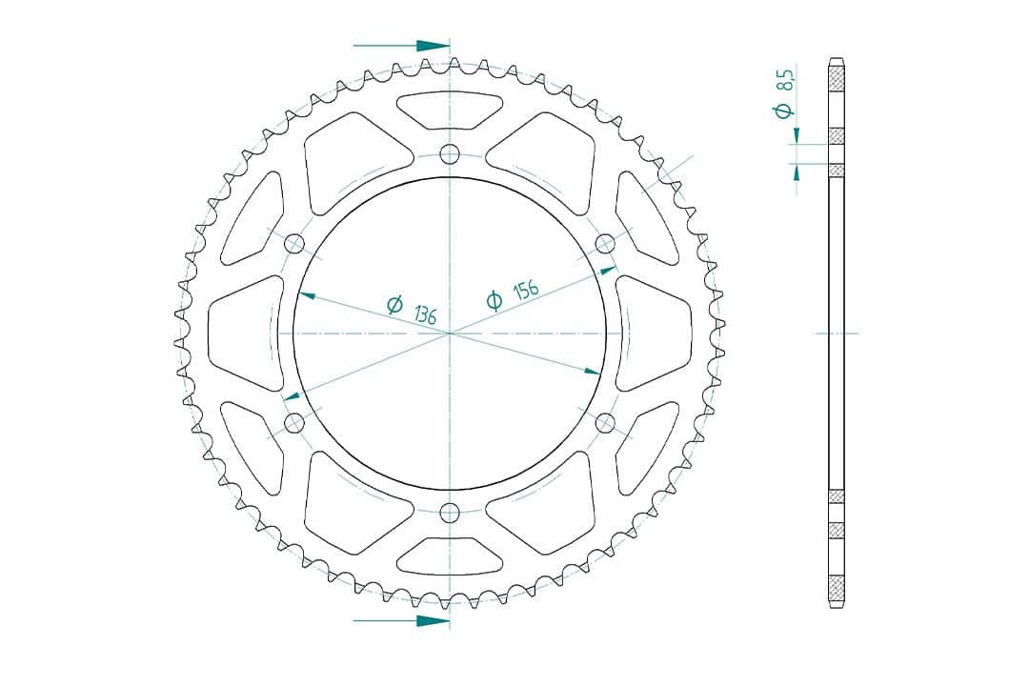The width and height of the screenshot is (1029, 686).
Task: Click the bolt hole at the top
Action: point(450,154)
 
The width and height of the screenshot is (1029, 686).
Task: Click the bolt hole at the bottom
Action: point(450,512)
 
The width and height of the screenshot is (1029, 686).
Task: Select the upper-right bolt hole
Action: point(604,244)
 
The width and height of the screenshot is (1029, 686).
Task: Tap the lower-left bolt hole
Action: point(294,423)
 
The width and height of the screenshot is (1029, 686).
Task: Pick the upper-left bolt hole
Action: point(294,244)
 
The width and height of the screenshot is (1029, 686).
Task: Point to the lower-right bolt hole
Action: point(604,423)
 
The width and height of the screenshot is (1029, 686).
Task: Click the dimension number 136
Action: point(425,315)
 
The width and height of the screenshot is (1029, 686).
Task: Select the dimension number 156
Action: point(526,289)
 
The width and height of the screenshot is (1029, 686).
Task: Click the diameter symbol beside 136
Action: point(394,304)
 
